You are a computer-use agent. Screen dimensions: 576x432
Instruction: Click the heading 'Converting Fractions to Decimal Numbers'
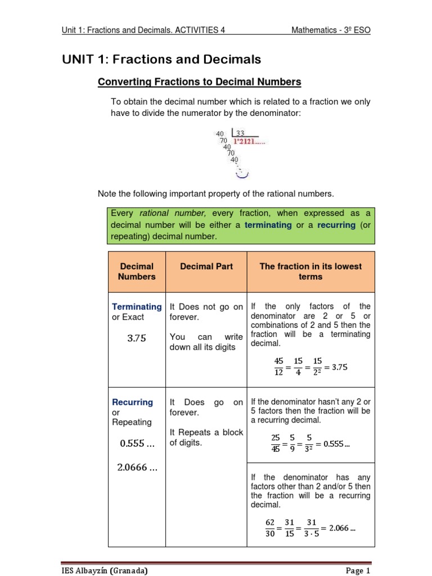click(x=200, y=82)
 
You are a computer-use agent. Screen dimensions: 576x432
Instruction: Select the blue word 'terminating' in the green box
click(x=267, y=225)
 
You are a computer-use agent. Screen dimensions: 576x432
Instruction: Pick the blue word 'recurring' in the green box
click(x=336, y=225)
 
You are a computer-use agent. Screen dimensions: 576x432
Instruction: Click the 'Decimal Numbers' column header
click(x=137, y=272)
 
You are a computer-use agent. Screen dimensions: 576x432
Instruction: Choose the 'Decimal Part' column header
click(x=206, y=267)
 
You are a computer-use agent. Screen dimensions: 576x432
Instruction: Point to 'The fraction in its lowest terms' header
click(x=310, y=272)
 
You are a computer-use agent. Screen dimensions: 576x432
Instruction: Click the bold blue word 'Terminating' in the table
click(x=137, y=307)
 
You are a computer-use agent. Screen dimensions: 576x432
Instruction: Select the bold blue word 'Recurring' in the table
click(x=133, y=402)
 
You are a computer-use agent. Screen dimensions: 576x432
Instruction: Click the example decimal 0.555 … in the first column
click(x=137, y=443)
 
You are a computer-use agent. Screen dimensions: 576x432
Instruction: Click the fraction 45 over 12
click(x=278, y=367)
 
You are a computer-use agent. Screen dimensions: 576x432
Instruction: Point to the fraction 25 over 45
click(x=275, y=443)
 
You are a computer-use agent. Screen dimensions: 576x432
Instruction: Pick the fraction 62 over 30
click(x=270, y=528)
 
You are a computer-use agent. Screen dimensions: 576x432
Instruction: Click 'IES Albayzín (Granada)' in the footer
click(x=105, y=570)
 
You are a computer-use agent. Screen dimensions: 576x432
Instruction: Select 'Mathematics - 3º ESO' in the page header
click(x=331, y=30)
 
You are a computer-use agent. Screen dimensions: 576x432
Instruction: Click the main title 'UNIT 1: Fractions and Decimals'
click(x=161, y=59)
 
